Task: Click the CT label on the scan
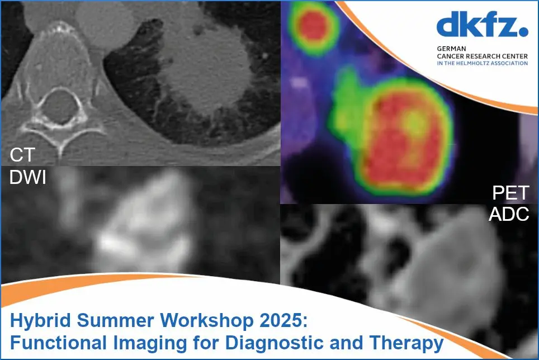22,155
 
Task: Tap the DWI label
27,177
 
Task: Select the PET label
510,193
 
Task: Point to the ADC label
509,214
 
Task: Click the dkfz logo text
478,25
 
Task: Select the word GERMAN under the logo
451,49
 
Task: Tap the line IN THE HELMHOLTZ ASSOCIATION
483,63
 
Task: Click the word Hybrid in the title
40,320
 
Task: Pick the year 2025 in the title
283,320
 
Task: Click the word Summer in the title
115,320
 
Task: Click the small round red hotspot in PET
312,25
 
